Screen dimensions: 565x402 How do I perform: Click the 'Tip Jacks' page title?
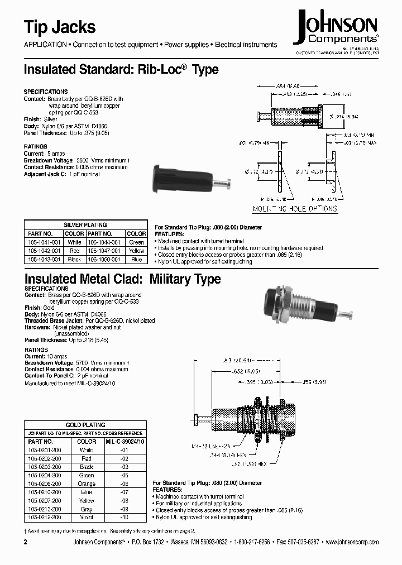(60, 27)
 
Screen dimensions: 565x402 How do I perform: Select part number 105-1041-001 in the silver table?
(40, 242)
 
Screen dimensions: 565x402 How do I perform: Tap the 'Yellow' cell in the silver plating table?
(136, 251)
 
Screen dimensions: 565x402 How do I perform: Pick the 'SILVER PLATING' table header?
(85, 225)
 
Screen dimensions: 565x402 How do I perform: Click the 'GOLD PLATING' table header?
(85, 424)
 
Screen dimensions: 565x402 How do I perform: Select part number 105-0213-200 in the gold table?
(46, 509)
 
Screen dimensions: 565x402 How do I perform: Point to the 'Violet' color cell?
(87, 518)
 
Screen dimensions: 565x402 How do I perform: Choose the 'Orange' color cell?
(87, 483)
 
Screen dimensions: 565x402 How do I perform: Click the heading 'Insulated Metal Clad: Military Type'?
(122, 279)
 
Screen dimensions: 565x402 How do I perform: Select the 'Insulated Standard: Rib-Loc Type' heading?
(121, 70)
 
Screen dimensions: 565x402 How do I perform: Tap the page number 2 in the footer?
(26, 542)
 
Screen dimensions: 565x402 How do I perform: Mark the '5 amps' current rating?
(54, 153)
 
